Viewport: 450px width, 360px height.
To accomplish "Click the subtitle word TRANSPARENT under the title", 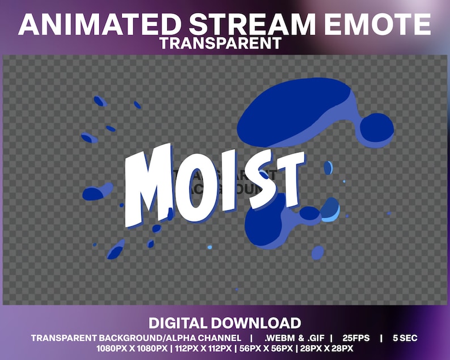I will (220, 43).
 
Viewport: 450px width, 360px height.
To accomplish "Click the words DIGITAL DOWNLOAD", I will (224, 324).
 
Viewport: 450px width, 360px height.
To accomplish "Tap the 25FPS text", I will (355, 338).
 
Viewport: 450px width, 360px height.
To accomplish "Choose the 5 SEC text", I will (405, 338).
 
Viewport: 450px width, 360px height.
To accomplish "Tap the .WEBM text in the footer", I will (281, 338).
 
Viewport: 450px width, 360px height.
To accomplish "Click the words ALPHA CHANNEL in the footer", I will (203, 338).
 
